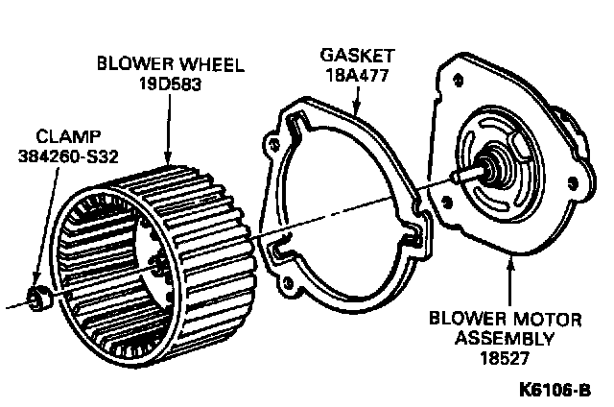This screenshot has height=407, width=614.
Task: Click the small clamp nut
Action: click(x=40, y=298)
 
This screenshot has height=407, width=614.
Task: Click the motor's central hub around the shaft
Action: click(x=497, y=170)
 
